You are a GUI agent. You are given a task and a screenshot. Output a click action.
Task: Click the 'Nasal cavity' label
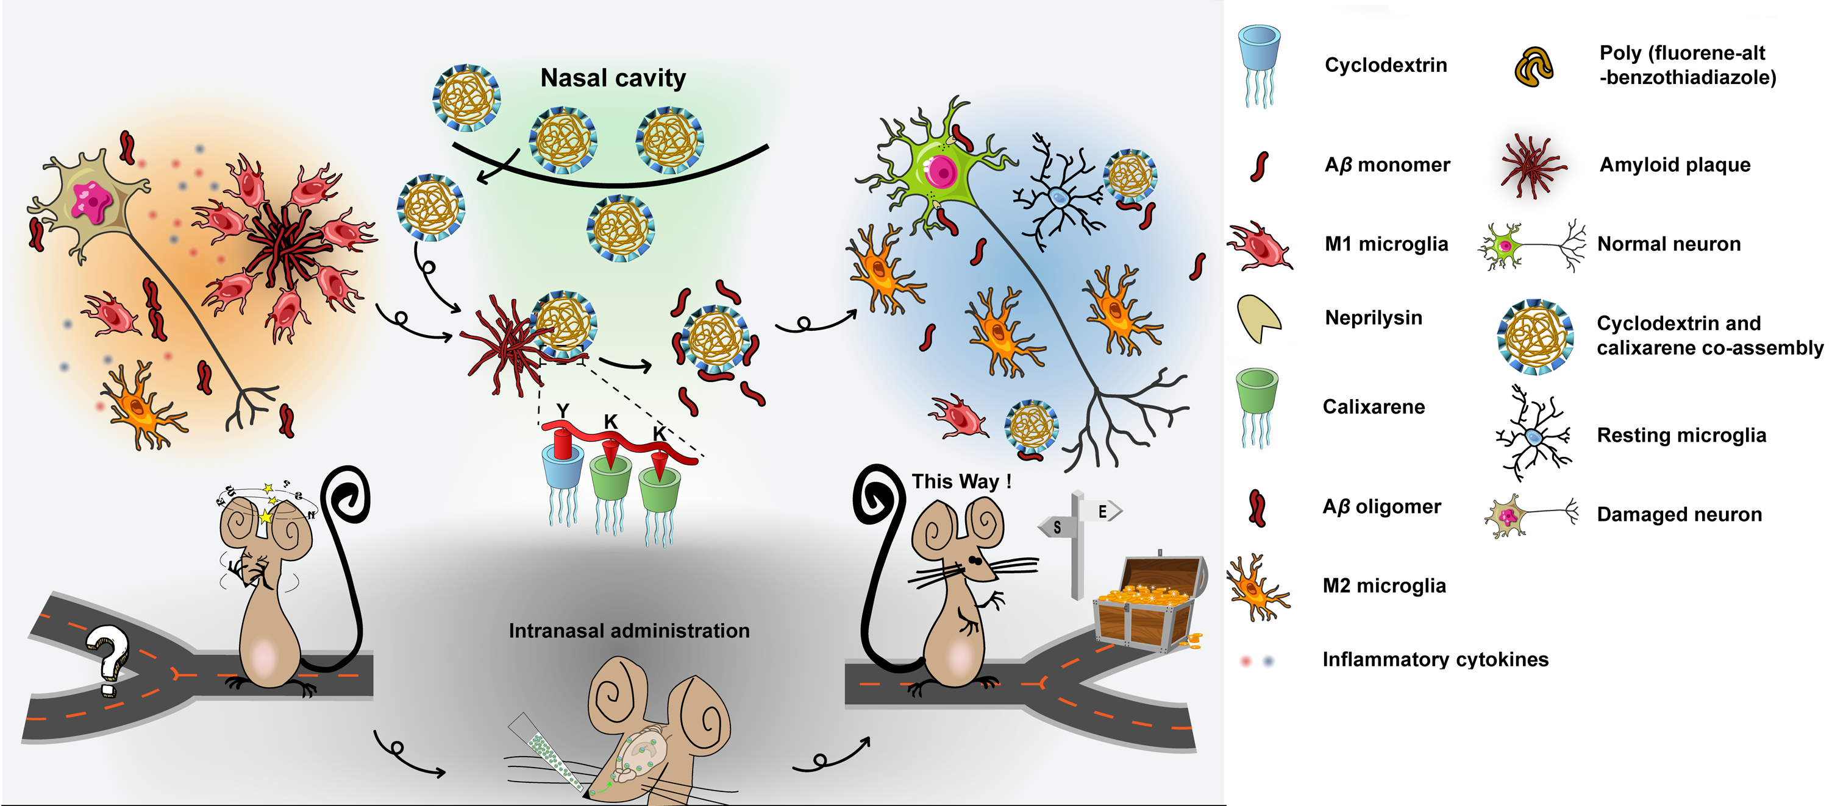click(613, 77)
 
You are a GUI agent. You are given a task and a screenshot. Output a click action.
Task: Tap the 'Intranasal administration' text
click(629, 631)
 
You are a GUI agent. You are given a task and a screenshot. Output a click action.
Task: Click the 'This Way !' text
click(961, 481)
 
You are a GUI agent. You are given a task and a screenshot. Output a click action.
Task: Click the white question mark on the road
click(108, 658)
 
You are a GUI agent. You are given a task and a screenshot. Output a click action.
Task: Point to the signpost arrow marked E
click(1102, 511)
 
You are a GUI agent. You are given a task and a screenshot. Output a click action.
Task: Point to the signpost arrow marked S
click(1057, 526)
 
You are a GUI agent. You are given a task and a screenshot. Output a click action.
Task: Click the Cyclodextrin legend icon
click(1259, 64)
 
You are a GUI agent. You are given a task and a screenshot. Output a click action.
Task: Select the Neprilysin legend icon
click(1258, 318)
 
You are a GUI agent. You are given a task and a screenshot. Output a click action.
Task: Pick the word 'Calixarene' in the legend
click(1374, 406)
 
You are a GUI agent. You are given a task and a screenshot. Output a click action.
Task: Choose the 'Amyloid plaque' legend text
click(1675, 164)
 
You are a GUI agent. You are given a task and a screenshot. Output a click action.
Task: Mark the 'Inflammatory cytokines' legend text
click(1435, 659)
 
